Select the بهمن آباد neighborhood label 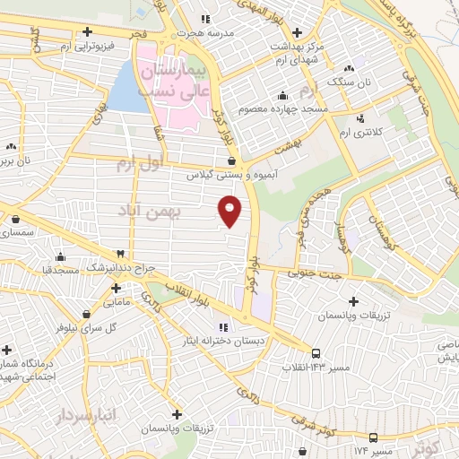pyautogui.click(x=149, y=209)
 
